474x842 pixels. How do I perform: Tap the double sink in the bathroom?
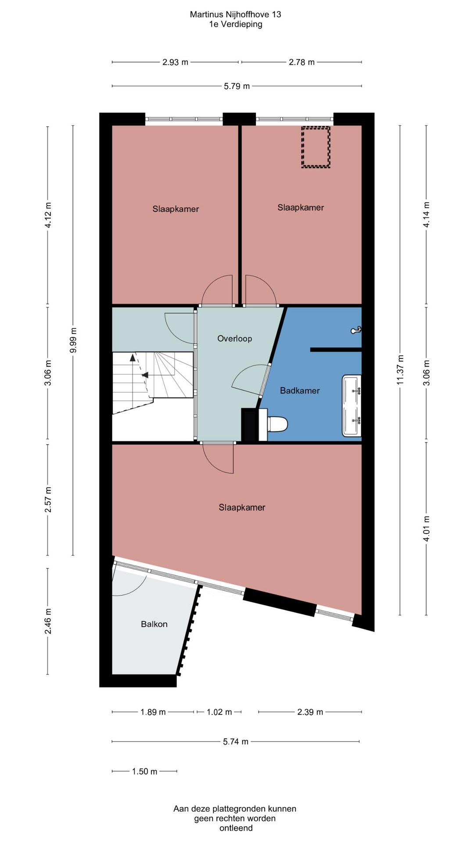352,406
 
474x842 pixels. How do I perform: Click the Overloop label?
235,339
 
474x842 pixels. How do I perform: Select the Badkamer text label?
300,390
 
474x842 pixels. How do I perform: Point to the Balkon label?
154,624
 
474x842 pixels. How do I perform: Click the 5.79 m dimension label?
237,86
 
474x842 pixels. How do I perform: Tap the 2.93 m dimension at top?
176,62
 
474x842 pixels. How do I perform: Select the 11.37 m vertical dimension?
400,370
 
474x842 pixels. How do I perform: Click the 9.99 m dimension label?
73,340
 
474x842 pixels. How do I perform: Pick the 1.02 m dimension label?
219,712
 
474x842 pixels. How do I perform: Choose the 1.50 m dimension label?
145,771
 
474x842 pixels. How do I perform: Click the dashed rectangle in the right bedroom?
316,147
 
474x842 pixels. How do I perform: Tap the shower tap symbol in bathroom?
356,330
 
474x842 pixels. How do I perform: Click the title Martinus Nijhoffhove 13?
236,14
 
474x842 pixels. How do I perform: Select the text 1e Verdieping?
236,24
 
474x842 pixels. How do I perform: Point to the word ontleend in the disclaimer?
236,828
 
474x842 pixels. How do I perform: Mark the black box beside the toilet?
250,425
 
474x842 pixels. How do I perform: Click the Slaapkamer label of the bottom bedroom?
242,507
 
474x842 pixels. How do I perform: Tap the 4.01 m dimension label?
426,528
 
